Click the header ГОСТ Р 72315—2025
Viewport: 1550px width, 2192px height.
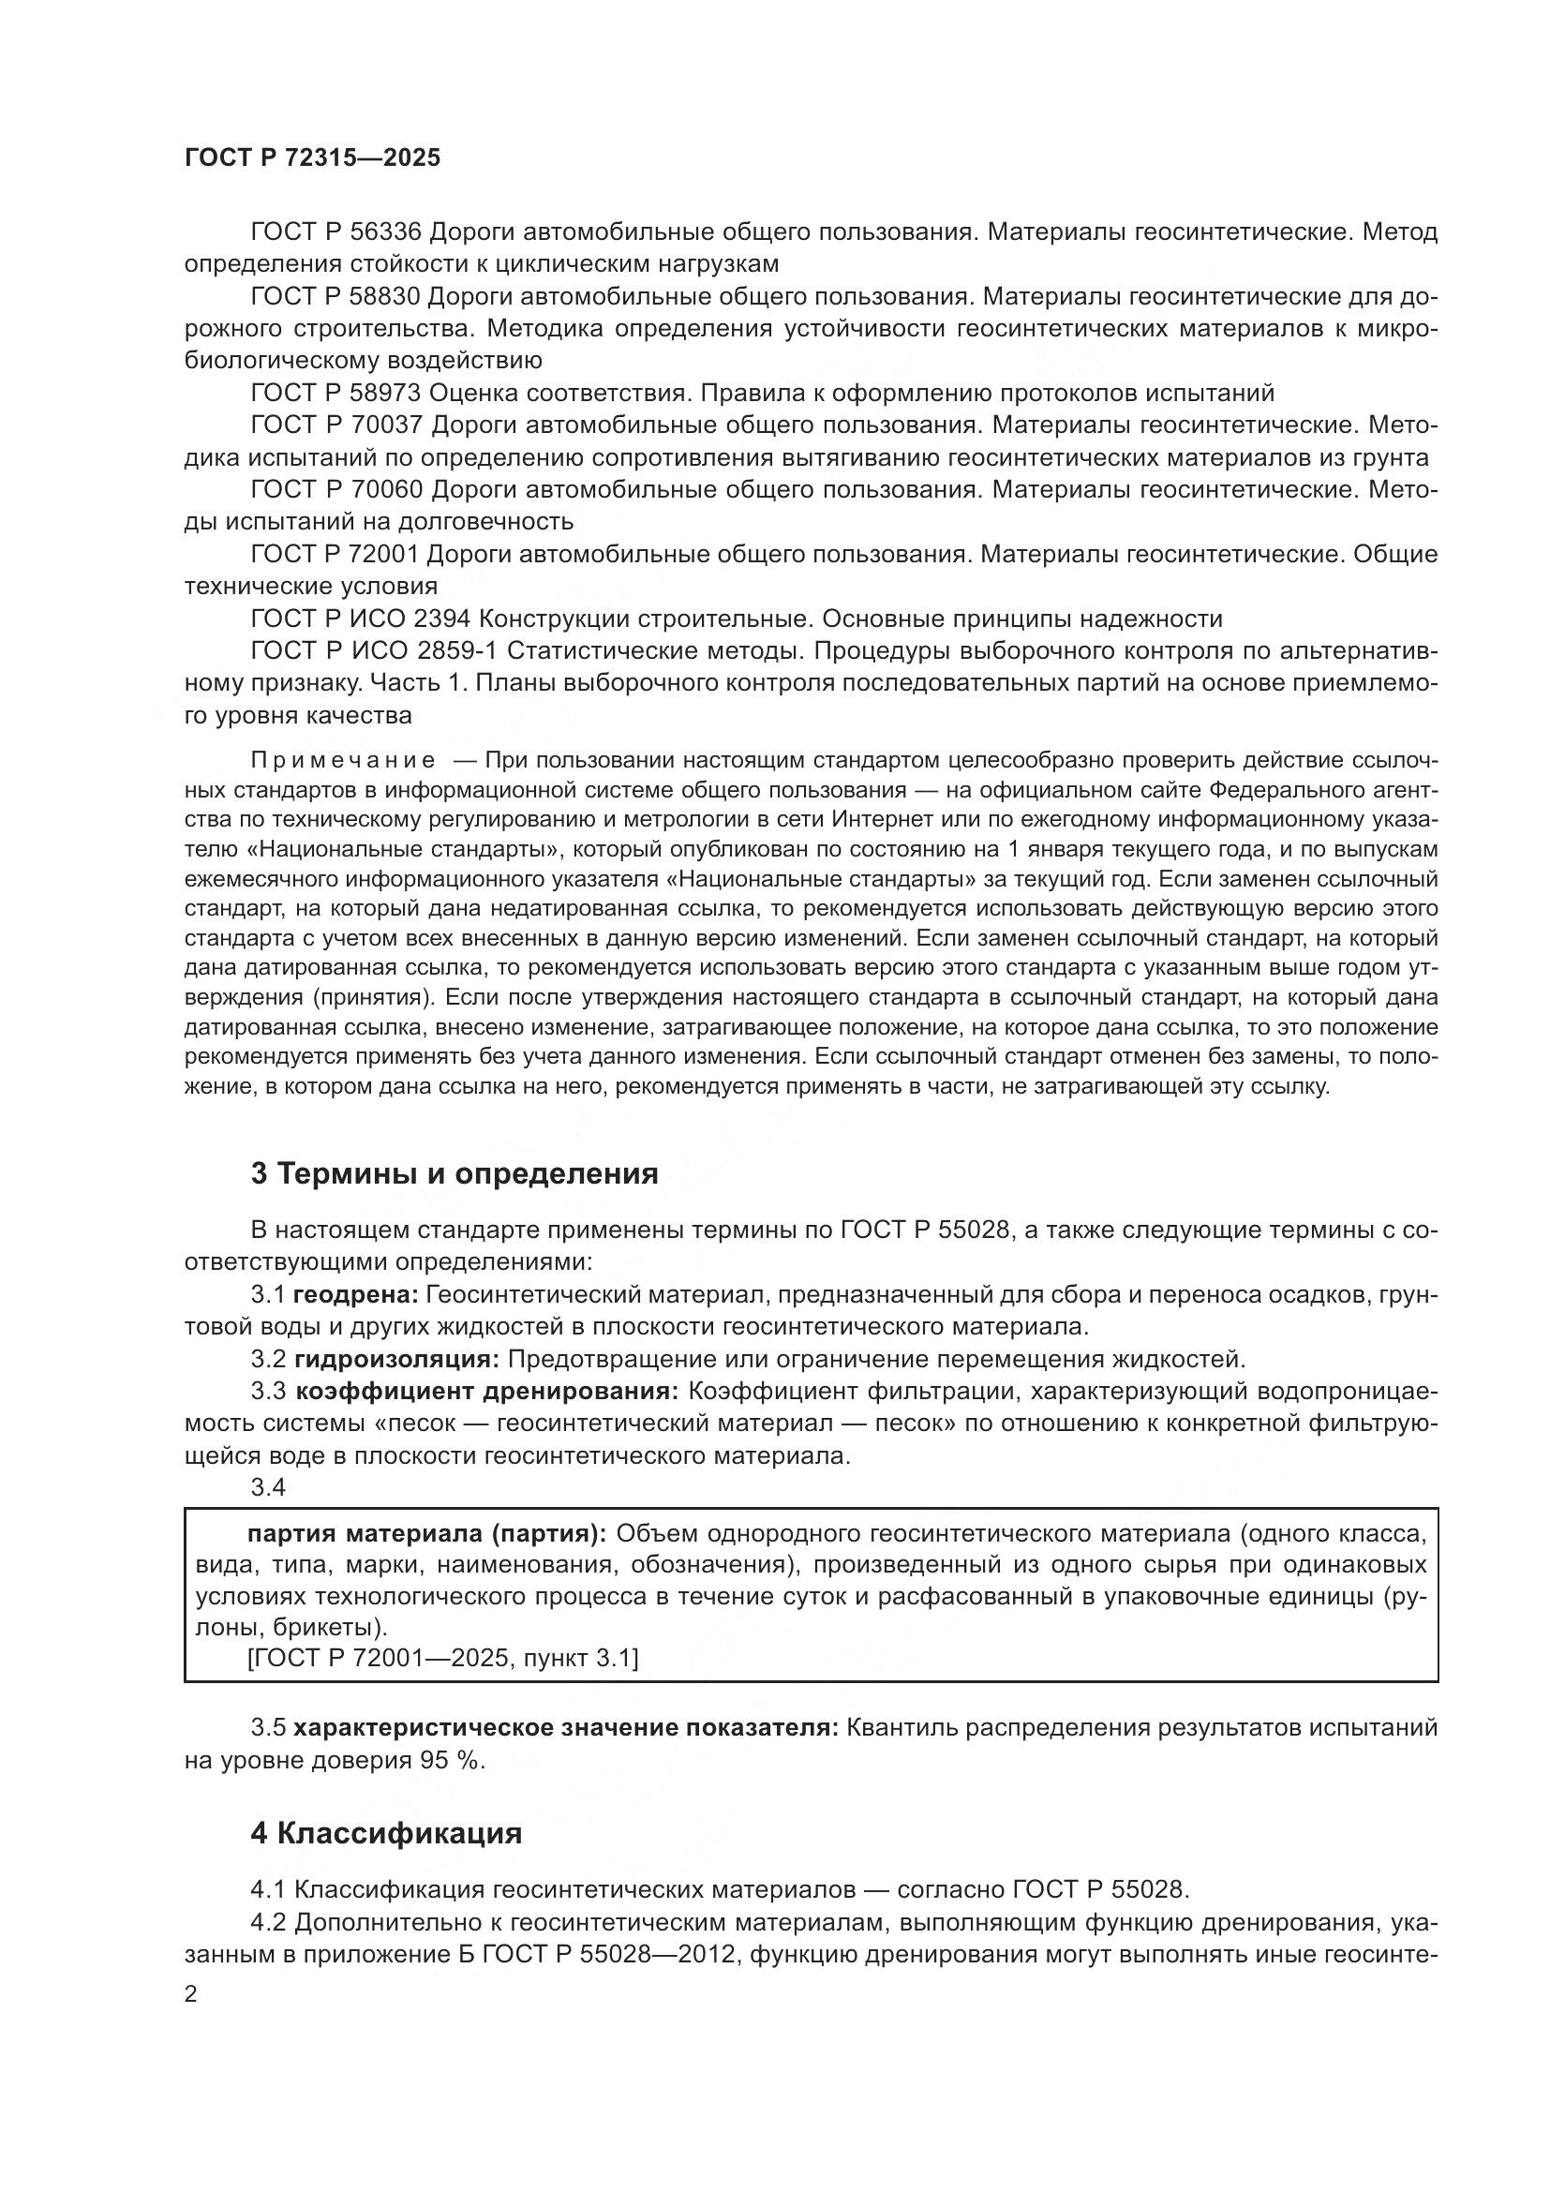pyautogui.click(x=312, y=158)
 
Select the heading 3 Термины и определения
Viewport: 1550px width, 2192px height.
pyautogui.click(x=455, y=1173)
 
